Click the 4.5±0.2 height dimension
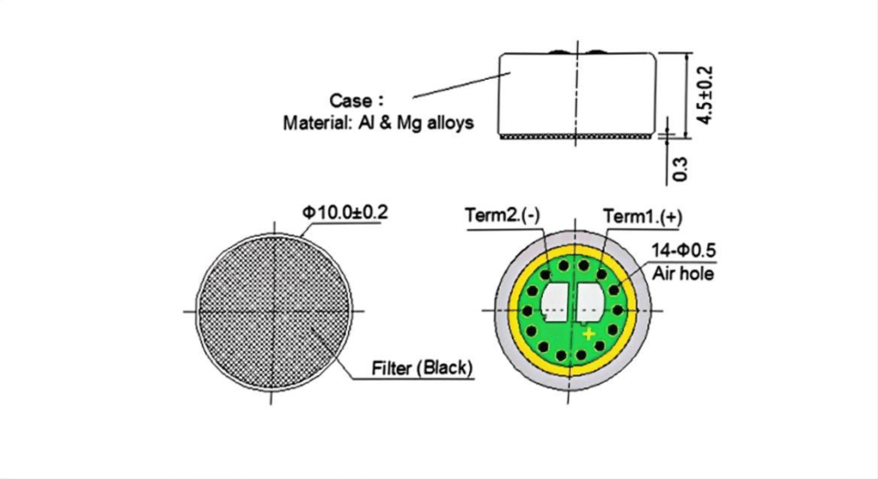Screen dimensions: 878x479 pos(705,95)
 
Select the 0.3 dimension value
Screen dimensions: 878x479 pos(680,169)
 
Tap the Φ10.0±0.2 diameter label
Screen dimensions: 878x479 pos(345,213)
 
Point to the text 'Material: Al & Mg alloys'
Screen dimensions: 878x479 pos(378,123)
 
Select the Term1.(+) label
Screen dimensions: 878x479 pos(642,216)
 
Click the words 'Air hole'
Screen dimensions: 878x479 pos(683,273)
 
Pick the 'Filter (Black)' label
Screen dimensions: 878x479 pos(422,368)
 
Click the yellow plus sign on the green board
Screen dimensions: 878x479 pos(588,334)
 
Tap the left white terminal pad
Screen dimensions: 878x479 pos(555,302)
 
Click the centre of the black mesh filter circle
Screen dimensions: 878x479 pos(274,311)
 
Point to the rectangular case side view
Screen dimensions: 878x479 pos(577,94)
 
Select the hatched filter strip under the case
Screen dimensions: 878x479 pos(576,137)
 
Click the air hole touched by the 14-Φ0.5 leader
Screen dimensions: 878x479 pos(614,290)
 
